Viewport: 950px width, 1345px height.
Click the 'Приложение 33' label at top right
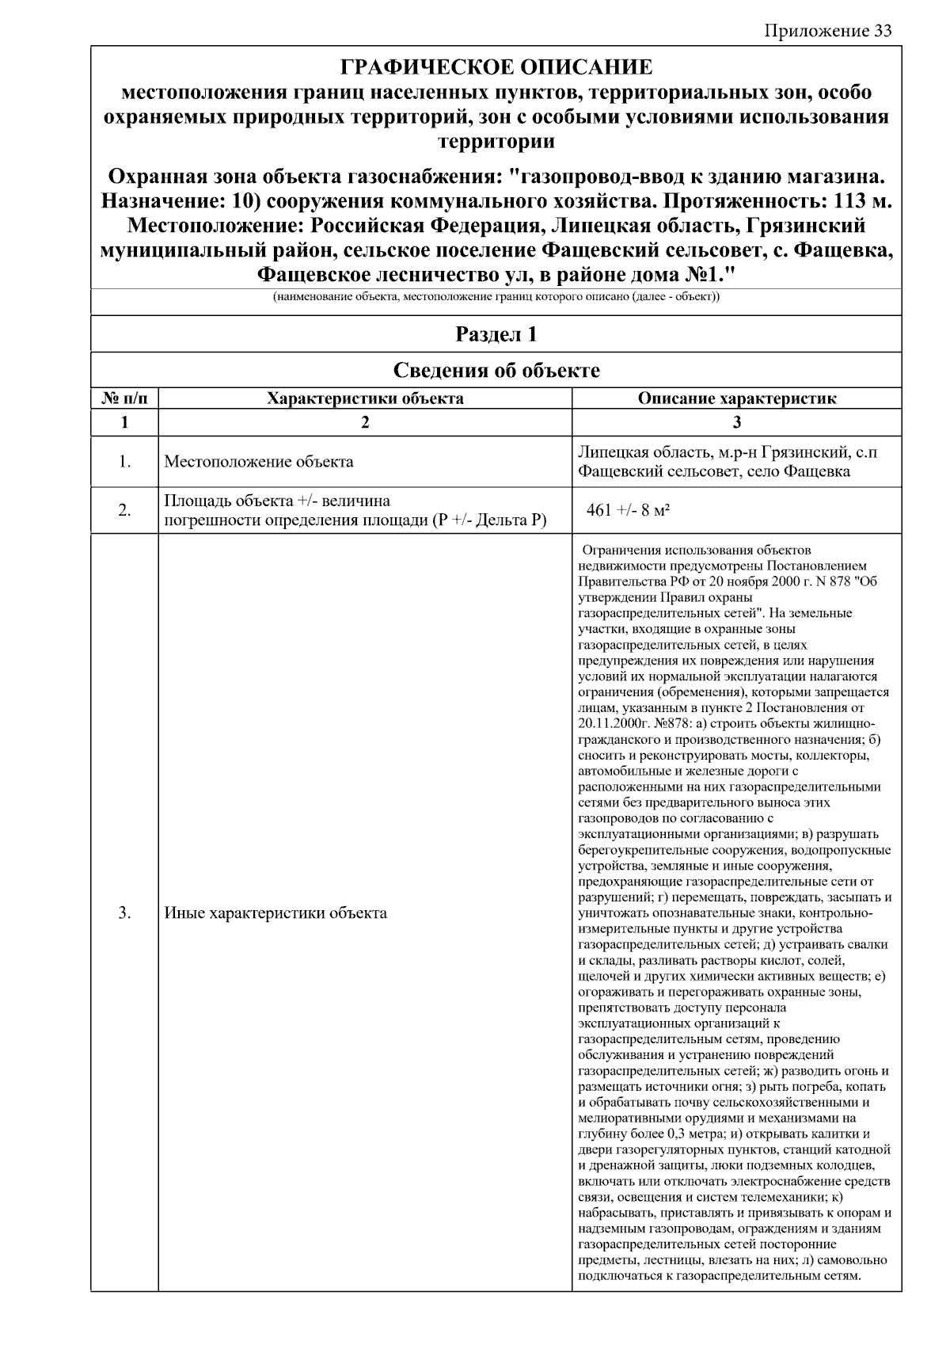828,31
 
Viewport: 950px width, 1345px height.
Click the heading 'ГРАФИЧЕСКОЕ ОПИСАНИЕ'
496,67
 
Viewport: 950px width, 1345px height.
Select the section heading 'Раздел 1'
496,334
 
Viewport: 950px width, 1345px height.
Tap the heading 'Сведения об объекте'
496,370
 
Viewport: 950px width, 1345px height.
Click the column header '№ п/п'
124,398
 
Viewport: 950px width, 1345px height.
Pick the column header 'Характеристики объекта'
365,398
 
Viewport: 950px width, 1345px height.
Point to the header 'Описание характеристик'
736,398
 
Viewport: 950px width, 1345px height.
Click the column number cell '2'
365,422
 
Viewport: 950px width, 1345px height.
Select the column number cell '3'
736,422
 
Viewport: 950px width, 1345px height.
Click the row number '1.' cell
124,462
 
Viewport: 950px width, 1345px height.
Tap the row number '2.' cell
124,510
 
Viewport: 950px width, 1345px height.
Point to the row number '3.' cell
124,913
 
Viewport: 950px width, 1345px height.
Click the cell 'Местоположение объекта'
259,462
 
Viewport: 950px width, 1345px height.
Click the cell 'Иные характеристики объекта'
275,913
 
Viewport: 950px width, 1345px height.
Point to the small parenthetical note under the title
496,298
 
